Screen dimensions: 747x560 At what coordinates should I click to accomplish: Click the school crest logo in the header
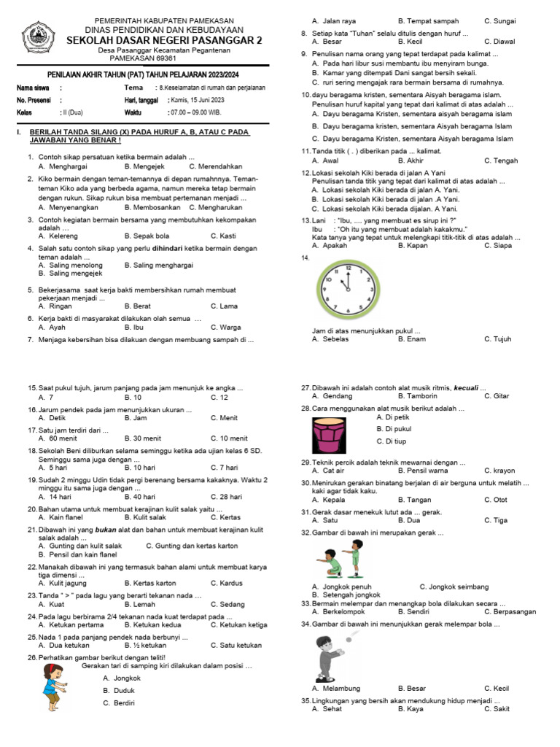[37, 37]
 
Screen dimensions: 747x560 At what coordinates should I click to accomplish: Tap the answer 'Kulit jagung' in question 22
[70, 583]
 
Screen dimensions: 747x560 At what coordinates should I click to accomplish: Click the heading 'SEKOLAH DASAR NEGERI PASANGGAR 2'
[165, 41]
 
